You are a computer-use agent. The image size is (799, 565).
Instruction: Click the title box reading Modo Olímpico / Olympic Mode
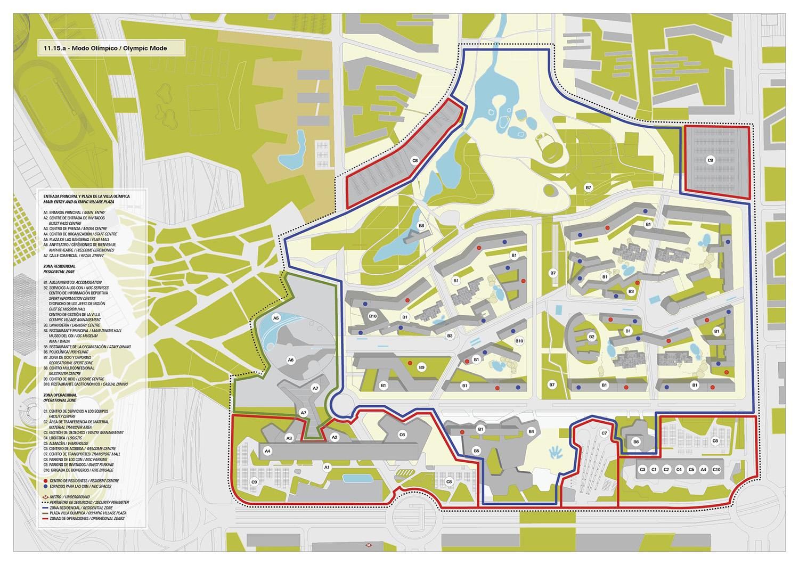click(x=111, y=48)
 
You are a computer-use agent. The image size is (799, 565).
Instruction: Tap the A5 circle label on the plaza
click(x=276, y=318)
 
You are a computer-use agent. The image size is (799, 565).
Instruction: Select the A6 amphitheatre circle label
click(x=291, y=360)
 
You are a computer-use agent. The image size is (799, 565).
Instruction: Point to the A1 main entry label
click(x=328, y=467)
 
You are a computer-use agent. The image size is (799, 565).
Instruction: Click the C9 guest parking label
click(x=255, y=482)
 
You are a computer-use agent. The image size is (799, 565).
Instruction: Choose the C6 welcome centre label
click(x=402, y=435)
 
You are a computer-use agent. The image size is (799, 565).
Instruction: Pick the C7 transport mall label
click(x=604, y=433)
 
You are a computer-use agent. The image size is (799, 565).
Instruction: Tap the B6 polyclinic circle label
click(x=636, y=441)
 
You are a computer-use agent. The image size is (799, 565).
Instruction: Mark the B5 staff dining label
click(x=477, y=451)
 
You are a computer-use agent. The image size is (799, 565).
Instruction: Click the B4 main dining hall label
click(x=531, y=431)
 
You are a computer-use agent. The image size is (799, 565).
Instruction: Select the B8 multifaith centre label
click(x=421, y=225)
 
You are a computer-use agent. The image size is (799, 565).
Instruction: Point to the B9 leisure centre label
click(x=421, y=367)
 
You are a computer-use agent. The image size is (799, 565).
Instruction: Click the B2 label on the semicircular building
click(x=591, y=337)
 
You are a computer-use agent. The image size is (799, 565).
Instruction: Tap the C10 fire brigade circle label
click(x=716, y=470)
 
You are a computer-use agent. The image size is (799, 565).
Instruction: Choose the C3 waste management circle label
click(x=642, y=470)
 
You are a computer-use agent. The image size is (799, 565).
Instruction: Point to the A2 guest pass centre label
click(x=335, y=437)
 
